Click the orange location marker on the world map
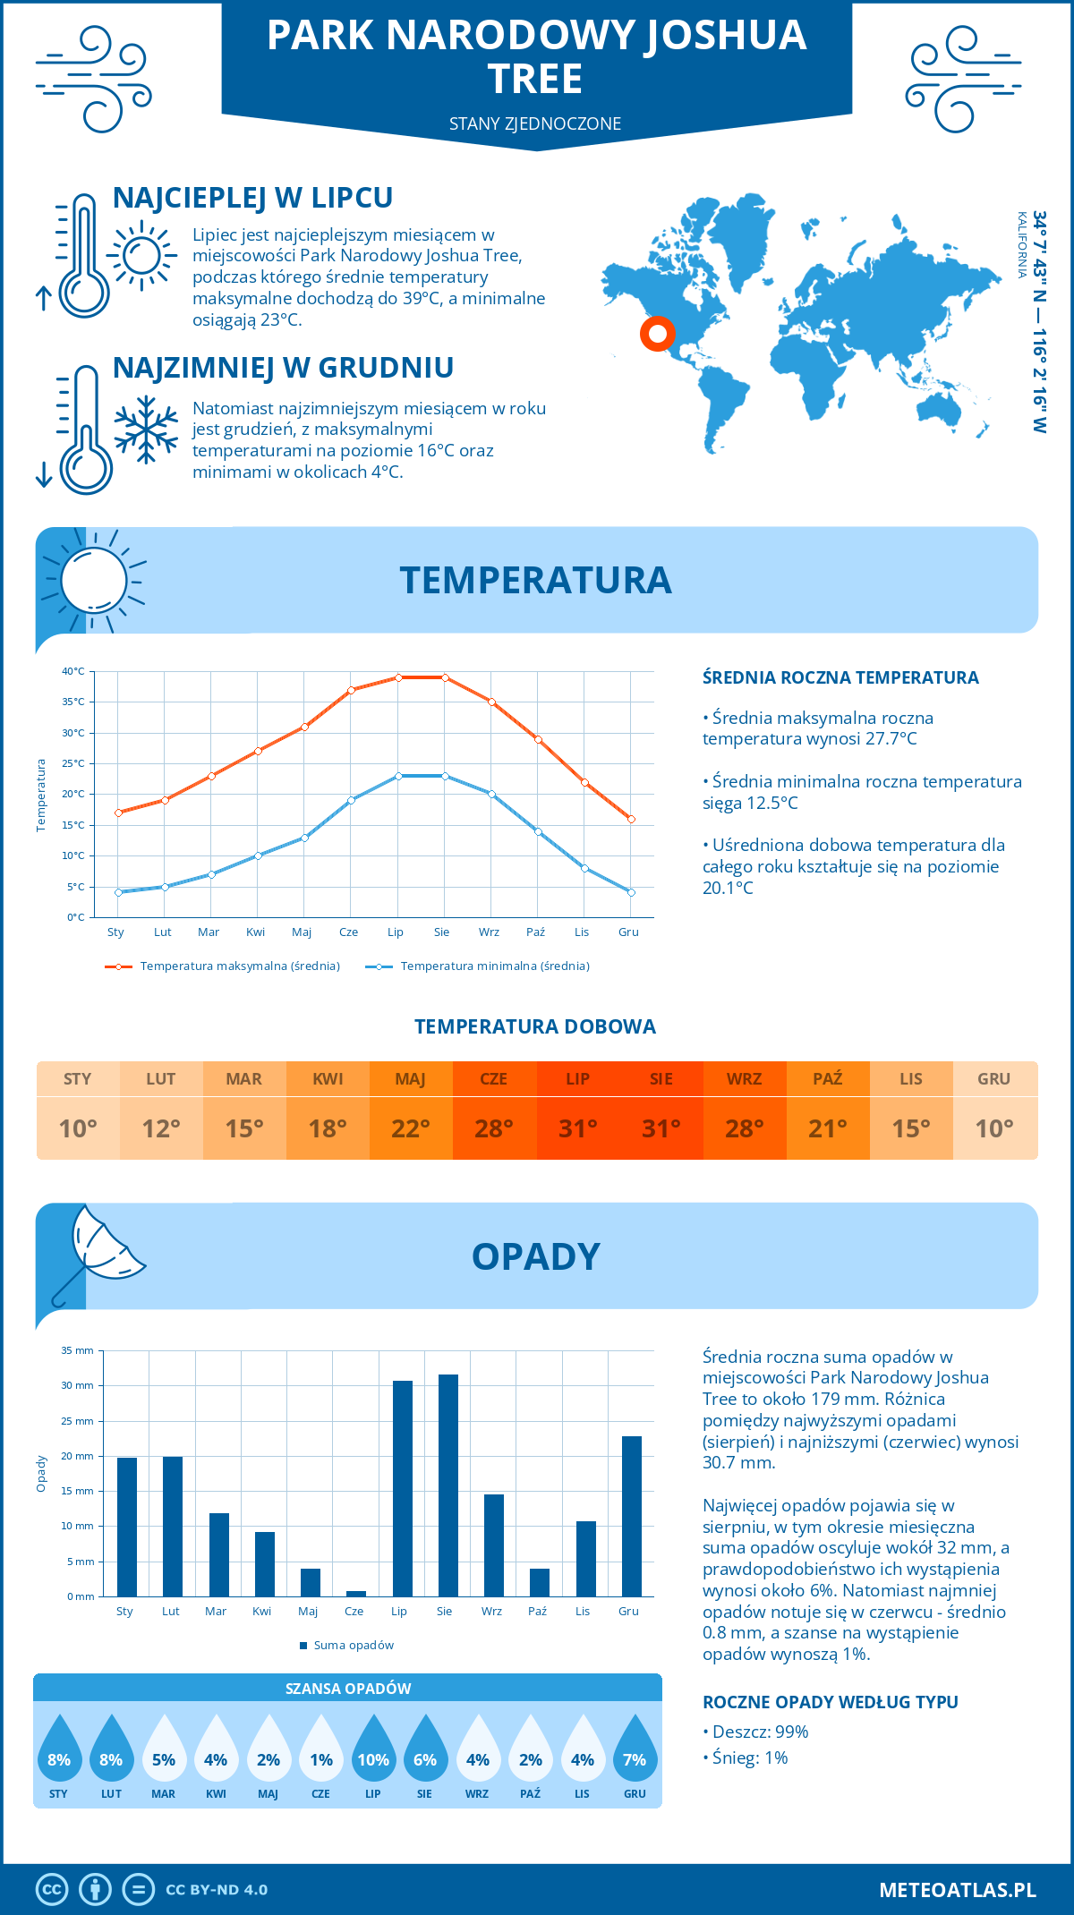(657, 334)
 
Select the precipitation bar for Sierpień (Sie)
(447, 1485)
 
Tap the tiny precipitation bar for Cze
(355, 1593)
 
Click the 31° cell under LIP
(577, 1128)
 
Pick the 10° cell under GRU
(993, 1128)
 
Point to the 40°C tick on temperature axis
(73, 671)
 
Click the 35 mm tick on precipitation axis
(78, 1350)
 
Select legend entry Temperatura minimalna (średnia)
(494, 966)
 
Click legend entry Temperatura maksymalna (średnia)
(239, 966)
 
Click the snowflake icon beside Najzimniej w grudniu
(146, 430)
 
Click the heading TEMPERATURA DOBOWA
(535, 1026)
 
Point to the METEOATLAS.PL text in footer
(957, 1890)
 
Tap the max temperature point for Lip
(398, 677)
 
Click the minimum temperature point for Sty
(118, 892)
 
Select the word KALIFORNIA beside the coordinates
(1021, 245)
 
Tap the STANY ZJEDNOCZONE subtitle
(535, 123)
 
